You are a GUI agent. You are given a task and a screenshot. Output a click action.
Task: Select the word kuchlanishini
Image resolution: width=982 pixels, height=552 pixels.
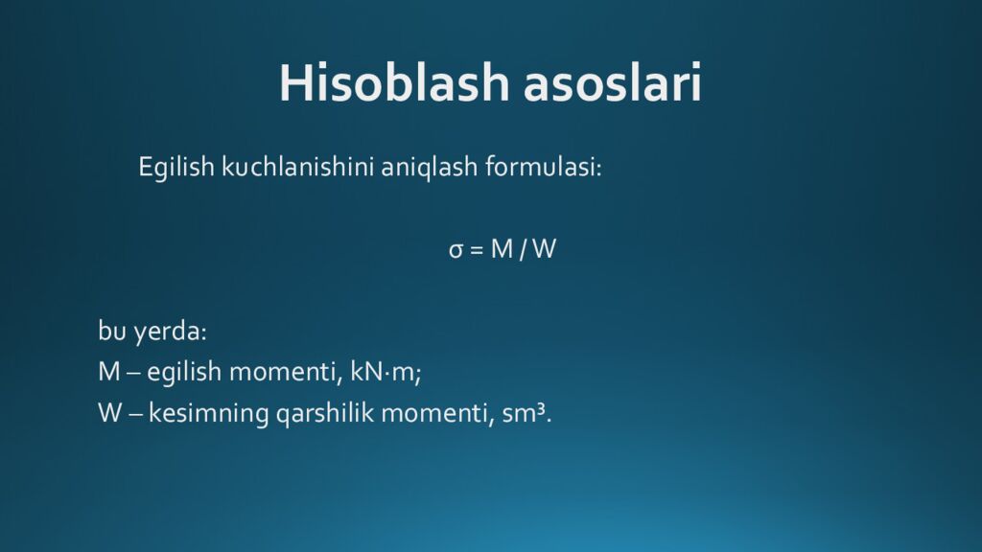click(x=297, y=168)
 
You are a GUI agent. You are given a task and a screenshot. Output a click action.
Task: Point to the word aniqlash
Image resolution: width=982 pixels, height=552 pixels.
click(x=429, y=168)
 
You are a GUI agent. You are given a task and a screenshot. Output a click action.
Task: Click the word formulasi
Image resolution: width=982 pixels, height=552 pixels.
click(x=543, y=167)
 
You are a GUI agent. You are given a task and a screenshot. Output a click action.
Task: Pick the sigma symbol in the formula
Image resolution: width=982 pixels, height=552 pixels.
click(x=456, y=250)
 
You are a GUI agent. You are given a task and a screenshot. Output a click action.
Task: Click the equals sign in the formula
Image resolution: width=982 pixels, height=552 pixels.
click(x=477, y=250)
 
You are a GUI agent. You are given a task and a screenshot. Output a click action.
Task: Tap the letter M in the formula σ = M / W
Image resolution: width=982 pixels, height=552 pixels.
click(x=503, y=249)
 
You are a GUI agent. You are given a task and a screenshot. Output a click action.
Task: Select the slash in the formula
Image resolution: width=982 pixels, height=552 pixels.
click(x=523, y=250)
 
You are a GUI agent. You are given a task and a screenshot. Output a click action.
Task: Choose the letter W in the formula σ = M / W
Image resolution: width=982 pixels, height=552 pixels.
click(x=545, y=249)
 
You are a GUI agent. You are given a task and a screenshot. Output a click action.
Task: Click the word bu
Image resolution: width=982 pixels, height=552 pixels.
click(x=112, y=330)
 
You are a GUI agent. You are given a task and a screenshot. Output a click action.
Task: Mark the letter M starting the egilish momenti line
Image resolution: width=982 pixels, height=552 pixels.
click(x=109, y=372)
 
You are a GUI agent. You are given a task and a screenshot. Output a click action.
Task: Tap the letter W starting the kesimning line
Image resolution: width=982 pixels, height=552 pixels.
click(x=110, y=413)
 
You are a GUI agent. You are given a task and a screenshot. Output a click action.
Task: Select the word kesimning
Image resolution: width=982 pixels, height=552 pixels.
click(x=208, y=414)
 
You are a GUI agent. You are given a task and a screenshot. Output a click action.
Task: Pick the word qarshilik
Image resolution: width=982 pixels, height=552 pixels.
click(x=325, y=414)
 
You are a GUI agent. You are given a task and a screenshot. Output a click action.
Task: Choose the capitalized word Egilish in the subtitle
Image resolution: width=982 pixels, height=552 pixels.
click(x=176, y=168)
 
